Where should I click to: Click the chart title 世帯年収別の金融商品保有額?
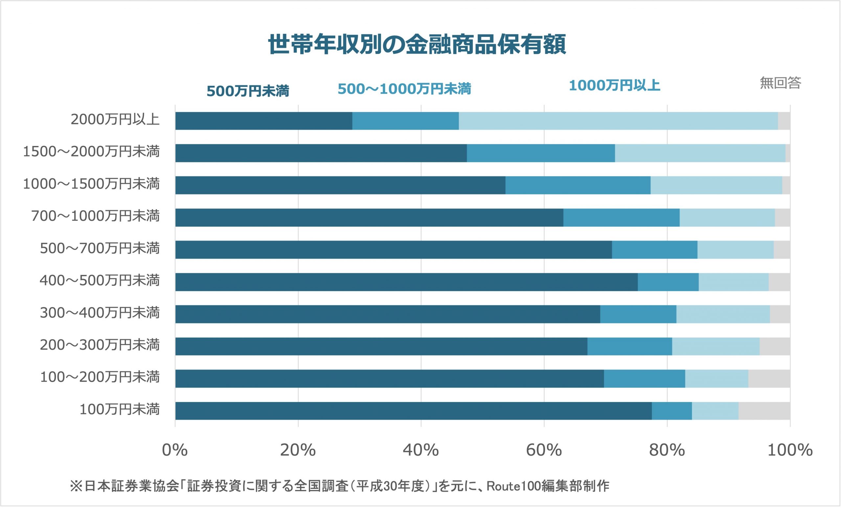click(417, 45)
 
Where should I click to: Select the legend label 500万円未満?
click(248, 91)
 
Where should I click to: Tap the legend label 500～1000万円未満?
click(404, 89)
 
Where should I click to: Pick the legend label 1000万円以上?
click(614, 85)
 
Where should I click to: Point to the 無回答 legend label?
click(780, 83)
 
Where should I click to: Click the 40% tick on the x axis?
click(420, 450)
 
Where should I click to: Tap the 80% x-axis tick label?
click(667, 450)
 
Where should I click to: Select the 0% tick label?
click(175, 450)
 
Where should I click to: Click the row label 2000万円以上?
click(115, 120)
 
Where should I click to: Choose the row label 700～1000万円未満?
click(95, 216)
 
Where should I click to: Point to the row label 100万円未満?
click(120, 409)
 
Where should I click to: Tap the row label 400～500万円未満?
click(99, 280)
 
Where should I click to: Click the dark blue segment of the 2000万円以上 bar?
click(263, 121)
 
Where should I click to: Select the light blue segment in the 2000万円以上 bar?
click(618, 121)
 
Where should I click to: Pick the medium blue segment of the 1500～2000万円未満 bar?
click(541, 153)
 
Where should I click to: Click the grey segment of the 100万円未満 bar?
click(764, 411)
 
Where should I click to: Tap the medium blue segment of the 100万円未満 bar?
click(672, 411)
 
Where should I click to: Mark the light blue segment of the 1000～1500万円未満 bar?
click(716, 185)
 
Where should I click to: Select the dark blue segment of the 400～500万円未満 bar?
click(406, 282)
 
